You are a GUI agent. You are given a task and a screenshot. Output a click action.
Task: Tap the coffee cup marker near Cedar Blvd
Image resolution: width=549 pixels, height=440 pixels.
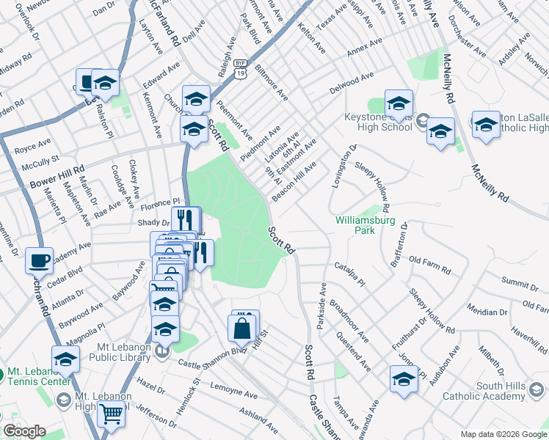39,260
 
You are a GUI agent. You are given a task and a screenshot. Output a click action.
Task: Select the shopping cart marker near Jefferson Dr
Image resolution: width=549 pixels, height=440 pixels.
111,414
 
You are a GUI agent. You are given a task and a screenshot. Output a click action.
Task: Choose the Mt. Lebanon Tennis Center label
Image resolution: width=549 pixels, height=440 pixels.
40,376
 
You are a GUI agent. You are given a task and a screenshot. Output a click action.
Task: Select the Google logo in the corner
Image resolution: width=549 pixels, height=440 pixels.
24,431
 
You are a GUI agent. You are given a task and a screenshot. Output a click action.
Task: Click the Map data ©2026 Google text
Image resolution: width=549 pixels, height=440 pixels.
503,434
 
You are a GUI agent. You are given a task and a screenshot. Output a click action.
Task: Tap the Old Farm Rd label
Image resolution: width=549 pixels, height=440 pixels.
429,260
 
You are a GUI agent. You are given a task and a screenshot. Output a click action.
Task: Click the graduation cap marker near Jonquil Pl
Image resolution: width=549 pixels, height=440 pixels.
404,380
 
